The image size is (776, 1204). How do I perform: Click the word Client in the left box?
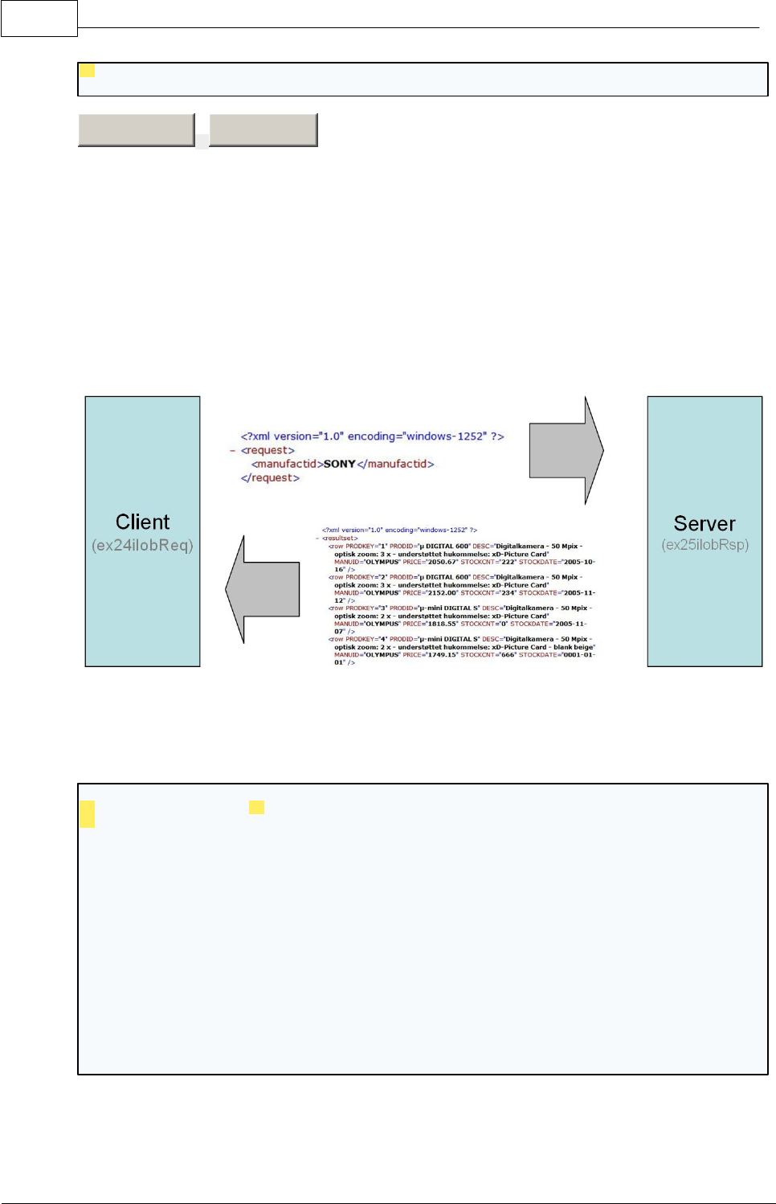[142, 522]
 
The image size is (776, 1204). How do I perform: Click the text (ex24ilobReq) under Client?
[142, 546]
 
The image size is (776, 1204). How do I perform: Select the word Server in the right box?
[705, 524]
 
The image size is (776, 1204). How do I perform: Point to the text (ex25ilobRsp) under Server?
[705, 545]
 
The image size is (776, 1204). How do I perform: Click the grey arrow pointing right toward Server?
[566, 451]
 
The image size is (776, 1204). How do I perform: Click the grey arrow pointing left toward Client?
[263, 589]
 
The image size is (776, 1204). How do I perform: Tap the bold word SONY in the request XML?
[339, 465]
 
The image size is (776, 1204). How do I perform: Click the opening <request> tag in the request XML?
[268, 451]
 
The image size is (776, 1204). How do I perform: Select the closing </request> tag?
[270, 478]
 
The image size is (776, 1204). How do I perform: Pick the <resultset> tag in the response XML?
[340, 539]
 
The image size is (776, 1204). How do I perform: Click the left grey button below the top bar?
[136, 129]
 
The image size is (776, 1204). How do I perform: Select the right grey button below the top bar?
[263, 129]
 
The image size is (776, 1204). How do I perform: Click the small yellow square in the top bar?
[88, 71]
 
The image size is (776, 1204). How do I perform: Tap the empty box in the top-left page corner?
[39, 18]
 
